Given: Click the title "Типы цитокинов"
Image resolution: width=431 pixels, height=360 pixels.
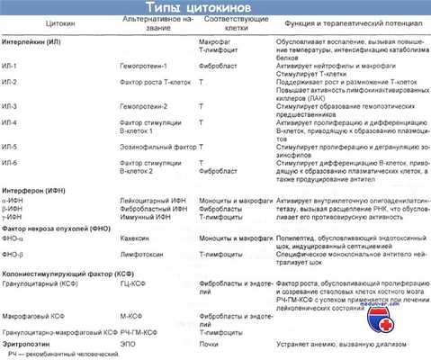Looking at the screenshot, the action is (x=217, y=9).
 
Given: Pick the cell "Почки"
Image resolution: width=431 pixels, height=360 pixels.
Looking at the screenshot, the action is (x=207, y=343).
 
